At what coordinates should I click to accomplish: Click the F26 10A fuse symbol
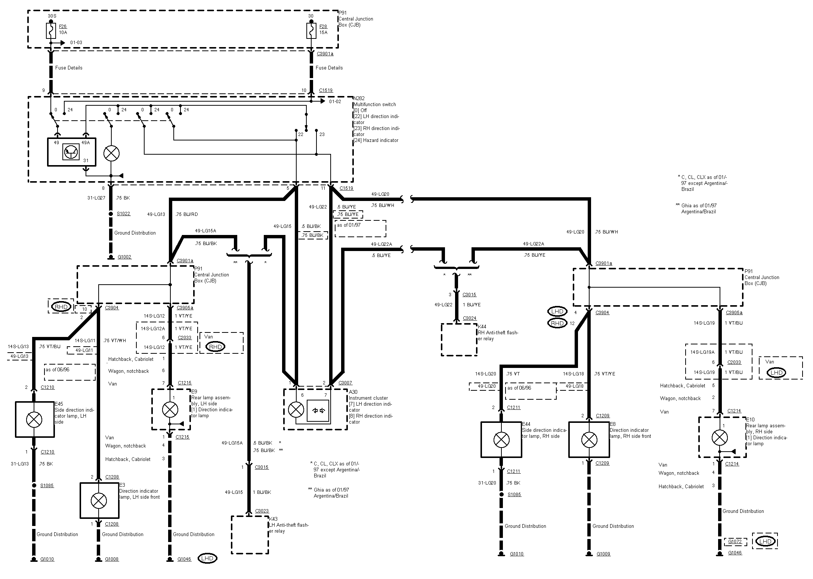(51, 30)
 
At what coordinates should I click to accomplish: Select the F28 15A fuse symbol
(311, 30)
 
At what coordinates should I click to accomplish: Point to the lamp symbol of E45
(34, 419)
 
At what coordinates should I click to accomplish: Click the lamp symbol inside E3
(99, 501)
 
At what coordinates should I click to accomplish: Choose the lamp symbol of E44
(501, 440)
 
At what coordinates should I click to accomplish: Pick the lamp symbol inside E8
(589, 440)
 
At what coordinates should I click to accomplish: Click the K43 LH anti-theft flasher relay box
(250, 535)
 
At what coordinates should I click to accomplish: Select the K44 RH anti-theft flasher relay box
(459, 340)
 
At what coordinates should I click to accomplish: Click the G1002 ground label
(124, 257)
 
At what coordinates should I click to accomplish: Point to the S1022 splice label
(123, 214)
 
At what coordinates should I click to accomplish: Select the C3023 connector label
(262, 511)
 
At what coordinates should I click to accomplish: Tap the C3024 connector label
(470, 318)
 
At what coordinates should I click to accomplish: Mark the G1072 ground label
(735, 541)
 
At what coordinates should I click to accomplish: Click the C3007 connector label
(345, 383)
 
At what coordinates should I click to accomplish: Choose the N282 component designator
(359, 99)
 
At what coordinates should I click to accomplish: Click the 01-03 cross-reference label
(76, 43)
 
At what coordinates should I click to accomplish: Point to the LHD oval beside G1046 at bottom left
(207, 559)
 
